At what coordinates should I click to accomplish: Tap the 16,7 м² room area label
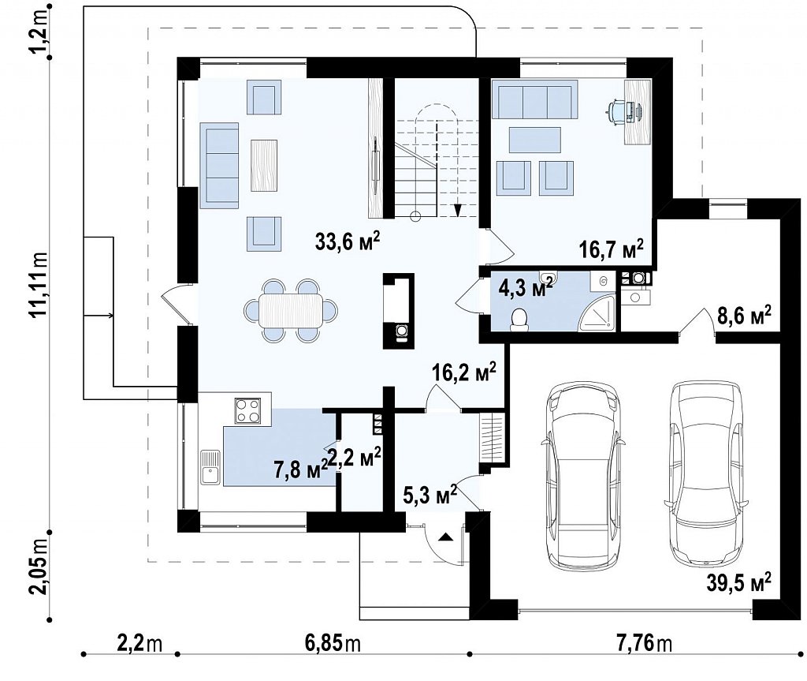coord(611,249)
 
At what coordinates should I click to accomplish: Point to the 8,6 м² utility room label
coord(745,315)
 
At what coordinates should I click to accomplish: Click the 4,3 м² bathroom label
coord(526,286)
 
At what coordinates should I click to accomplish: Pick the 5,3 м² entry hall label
coord(430,496)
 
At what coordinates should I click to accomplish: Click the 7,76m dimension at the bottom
coord(643,643)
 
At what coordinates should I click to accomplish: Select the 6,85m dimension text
coord(333,643)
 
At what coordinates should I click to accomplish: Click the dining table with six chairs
coord(292,310)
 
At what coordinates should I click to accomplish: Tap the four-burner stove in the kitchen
coord(247,411)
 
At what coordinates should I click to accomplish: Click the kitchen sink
coord(210,467)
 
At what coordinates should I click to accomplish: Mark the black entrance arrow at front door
coord(445,537)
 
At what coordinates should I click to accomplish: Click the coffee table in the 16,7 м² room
coord(535,140)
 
